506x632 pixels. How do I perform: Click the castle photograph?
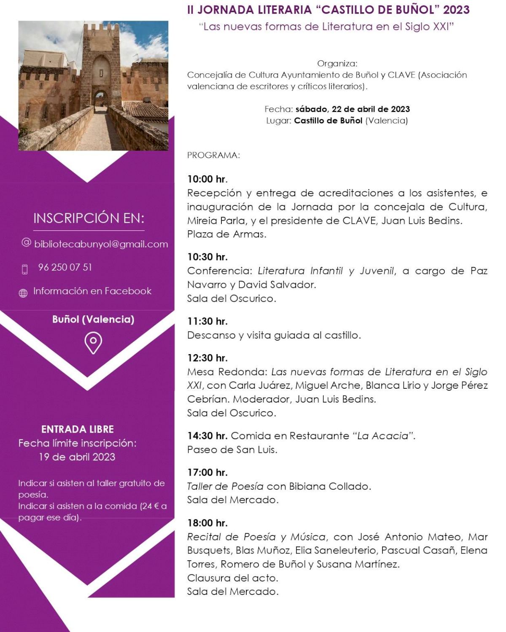[93, 86]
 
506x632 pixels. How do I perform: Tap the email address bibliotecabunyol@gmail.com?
[101, 244]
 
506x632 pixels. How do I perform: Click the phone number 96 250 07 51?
[65, 267]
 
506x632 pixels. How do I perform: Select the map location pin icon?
[93, 343]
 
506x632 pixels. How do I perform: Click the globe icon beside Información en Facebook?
[23, 293]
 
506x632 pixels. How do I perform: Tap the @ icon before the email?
[27, 242]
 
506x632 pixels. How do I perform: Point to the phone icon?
[24, 269]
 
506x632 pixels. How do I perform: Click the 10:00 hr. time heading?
[207, 179]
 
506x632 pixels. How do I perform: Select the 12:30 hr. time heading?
[207, 358]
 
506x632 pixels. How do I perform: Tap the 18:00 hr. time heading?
[207, 523]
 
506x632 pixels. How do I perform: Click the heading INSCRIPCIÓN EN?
[89, 218]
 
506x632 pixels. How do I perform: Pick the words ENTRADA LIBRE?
[78, 429]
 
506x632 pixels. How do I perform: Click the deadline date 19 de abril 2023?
[77, 457]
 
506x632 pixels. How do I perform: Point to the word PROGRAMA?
[213, 155]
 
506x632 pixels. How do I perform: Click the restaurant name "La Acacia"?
[384, 436]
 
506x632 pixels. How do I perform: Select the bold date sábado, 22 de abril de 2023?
[353, 109]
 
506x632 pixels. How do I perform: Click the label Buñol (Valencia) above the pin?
[93, 319]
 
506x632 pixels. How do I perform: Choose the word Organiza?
[337, 64]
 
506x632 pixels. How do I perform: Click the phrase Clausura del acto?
[233, 578]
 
